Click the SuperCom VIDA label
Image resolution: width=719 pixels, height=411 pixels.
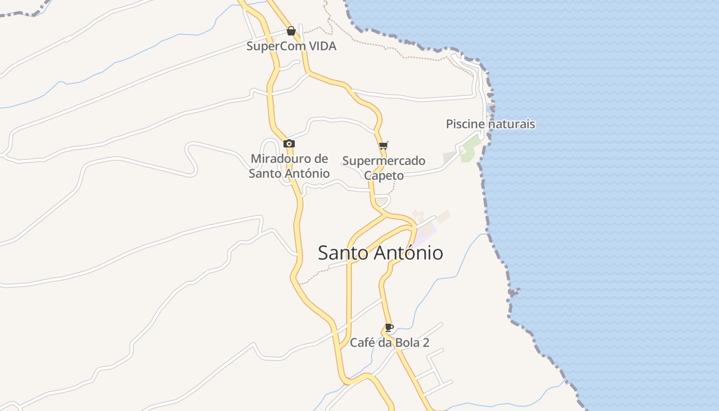(291, 46)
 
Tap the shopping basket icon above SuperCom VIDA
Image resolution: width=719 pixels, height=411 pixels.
(291, 31)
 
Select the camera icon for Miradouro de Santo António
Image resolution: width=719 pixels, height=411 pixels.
(289, 143)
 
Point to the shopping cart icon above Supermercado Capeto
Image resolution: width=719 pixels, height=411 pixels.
(383, 146)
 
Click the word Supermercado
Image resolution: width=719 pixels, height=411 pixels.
(384, 161)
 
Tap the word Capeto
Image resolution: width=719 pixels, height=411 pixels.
(384, 176)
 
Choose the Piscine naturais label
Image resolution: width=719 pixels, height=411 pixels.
(490, 124)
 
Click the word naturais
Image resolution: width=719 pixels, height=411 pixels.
(512, 124)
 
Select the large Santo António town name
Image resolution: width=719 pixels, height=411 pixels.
(380, 253)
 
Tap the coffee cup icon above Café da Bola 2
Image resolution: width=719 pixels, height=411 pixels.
(389, 327)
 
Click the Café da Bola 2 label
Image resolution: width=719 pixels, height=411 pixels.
(389, 343)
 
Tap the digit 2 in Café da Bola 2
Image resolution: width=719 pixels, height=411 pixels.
(426, 343)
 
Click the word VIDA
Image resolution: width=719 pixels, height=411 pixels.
(323, 46)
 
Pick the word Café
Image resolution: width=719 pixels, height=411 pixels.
(362, 343)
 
